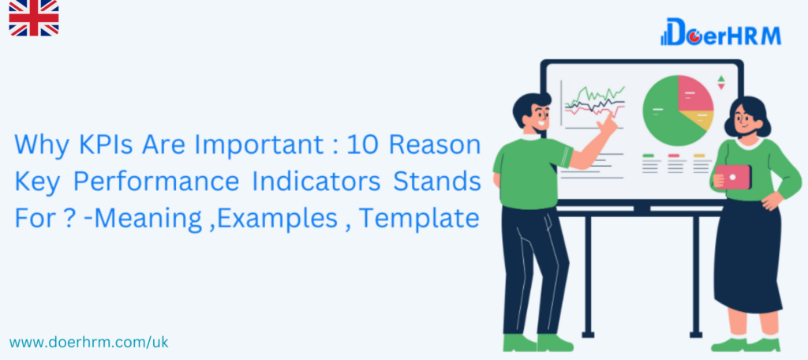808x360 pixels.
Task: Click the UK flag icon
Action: [33, 18]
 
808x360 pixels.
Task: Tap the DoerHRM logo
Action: [720, 32]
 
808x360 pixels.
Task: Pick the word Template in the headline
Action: [419, 219]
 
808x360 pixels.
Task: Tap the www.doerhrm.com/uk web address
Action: [88, 342]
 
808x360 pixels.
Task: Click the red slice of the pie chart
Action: [694, 95]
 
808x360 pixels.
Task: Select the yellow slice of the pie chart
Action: [699, 121]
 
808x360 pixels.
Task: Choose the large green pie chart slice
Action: [662, 112]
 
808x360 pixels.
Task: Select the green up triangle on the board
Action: [721, 79]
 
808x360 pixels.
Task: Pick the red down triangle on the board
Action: [721, 87]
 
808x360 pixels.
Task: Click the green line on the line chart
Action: [595, 96]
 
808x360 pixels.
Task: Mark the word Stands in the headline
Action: [437, 182]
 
